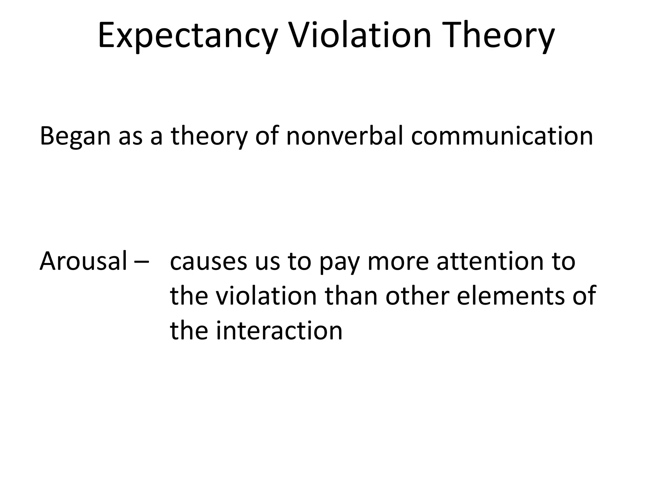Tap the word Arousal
tap(83, 261)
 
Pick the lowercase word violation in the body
tap(266, 296)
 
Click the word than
tap(351, 296)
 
